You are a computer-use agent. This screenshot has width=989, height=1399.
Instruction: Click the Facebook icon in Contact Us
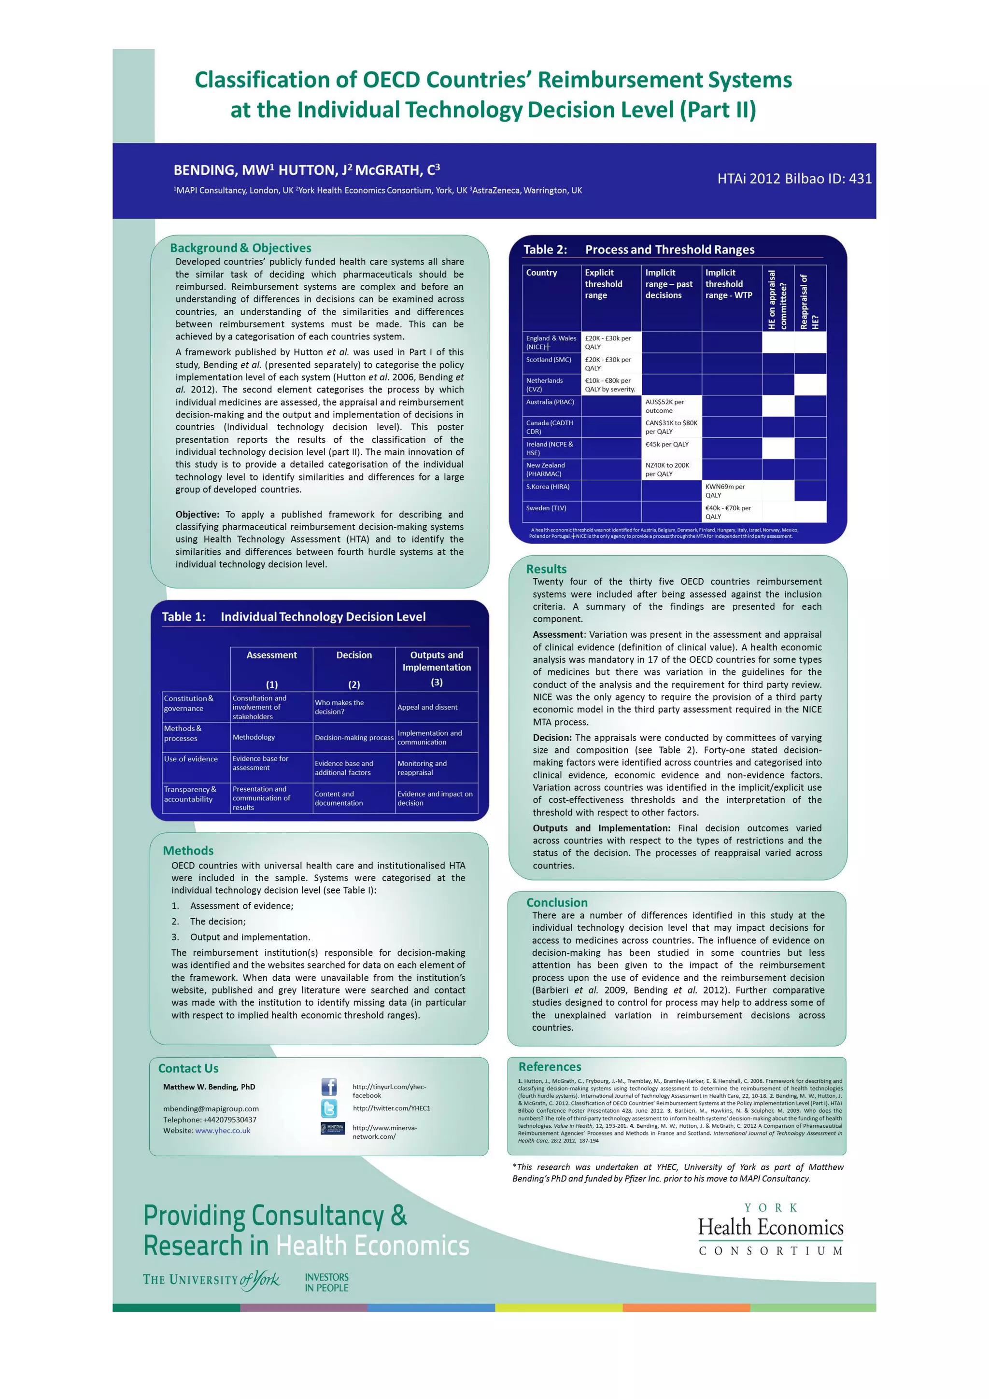329,1086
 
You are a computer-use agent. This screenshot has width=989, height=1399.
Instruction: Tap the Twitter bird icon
329,1108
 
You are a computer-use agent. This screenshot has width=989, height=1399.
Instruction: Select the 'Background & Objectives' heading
240,248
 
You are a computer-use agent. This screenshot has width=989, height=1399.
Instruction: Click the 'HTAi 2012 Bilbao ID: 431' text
794,179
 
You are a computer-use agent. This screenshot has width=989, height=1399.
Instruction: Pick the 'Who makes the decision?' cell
353,707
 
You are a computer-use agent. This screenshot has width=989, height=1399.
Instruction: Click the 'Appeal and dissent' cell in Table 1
436,707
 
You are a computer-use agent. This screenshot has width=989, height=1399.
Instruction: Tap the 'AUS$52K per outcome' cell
671,406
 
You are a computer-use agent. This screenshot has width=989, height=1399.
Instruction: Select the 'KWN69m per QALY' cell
731,490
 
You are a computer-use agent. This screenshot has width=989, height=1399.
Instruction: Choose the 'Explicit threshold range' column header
610,284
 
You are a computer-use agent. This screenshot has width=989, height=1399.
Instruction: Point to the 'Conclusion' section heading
557,902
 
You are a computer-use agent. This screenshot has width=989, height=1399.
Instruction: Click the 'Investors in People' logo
326,1283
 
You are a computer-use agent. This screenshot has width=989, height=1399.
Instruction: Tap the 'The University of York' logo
211,1280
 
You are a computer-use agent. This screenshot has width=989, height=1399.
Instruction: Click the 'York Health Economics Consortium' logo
770,1229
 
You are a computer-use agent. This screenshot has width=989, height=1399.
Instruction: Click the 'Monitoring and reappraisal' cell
436,768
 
